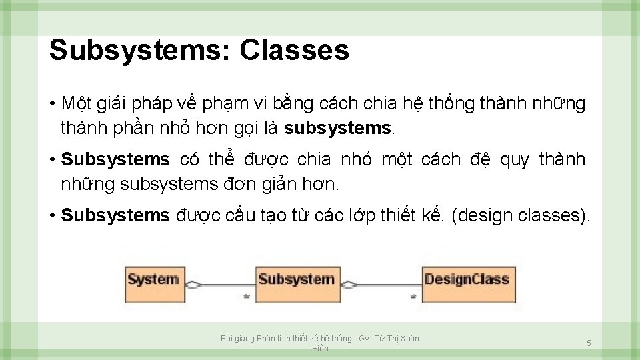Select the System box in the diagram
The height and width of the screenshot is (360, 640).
[153, 279]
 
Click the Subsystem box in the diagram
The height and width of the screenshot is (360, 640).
[296, 279]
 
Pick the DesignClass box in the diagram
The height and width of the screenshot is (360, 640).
[467, 279]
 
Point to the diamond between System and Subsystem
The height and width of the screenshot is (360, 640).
[193, 285]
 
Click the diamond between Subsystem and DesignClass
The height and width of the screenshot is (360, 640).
[349, 285]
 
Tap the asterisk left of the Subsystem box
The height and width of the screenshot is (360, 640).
[247, 296]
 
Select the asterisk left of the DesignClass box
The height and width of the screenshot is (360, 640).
[413, 296]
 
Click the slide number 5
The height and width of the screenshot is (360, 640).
[589, 343]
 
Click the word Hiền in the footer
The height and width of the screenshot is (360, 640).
[320, 349]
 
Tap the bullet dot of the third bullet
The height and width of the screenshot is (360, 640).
[52, 216]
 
